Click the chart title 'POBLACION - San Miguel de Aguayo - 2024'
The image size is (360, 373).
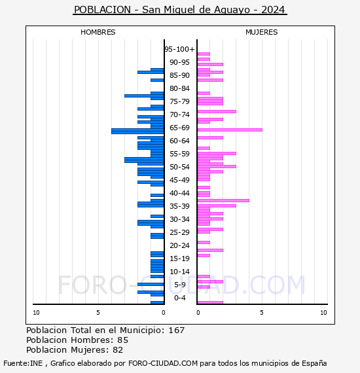180,10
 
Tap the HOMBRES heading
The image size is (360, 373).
98,32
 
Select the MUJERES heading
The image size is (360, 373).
262,32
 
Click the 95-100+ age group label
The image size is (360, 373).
179,49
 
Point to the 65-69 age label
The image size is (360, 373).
179,128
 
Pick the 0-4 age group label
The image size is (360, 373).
180,298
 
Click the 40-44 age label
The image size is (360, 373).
179,193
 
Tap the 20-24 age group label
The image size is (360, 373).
179,245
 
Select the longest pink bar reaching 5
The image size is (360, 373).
230,130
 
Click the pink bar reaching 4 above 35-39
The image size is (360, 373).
223,200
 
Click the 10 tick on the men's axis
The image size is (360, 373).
36,313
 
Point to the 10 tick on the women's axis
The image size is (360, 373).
323,313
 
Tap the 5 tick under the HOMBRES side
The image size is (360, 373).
98,313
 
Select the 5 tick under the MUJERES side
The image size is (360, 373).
262,313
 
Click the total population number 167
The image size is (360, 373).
176,330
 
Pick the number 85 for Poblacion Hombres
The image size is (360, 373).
123,340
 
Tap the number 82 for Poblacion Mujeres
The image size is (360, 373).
118,350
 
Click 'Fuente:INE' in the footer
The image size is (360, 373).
23,363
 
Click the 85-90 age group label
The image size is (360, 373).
179,75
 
